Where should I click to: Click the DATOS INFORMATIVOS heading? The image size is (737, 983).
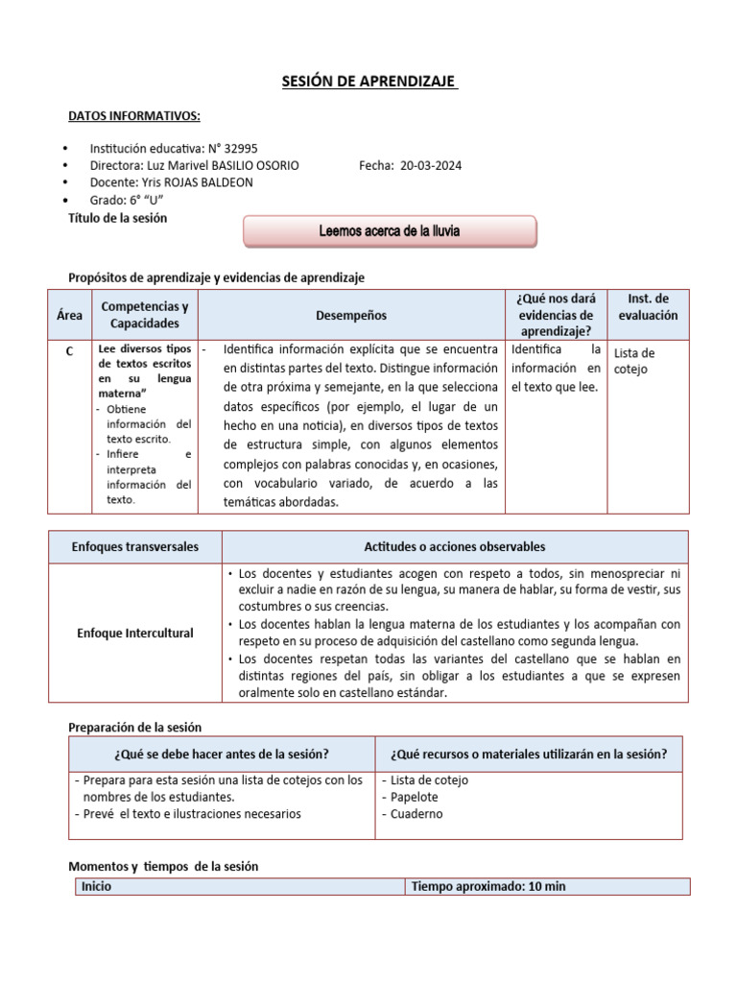(x=134, y=116)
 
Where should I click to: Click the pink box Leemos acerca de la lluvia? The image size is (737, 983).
(x=390, y=231)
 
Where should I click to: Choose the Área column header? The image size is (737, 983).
(x=68, y=315)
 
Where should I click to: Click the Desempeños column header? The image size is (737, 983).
(x=351, y=315)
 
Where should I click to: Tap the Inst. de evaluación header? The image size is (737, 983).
(x=648, y=306)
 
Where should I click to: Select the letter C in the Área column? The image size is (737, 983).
(x=68, y=351)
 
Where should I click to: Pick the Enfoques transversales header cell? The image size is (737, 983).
(x=135, y=546)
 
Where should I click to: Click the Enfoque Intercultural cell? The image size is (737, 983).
(x=135, y=634)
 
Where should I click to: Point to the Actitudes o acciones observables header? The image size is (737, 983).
(x=455, y=546)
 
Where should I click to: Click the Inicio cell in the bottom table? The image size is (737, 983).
(x=97, y=886)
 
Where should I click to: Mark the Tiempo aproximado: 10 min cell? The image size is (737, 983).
(x=488, y=886)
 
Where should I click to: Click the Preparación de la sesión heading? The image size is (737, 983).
(x=135, y=727)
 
